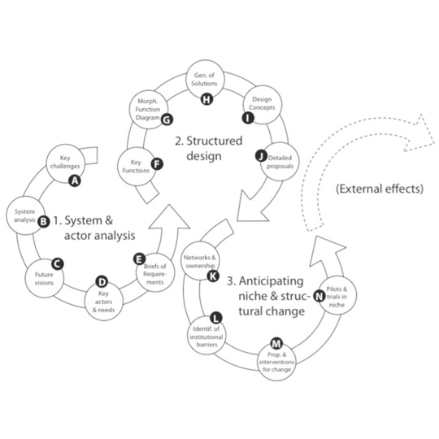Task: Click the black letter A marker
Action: tap(75, 181)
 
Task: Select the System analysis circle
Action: tap(24, 215)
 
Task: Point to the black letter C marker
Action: tap(57, 263)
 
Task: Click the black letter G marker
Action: tap(166, 120)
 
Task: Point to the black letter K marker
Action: tap(213, 276)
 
